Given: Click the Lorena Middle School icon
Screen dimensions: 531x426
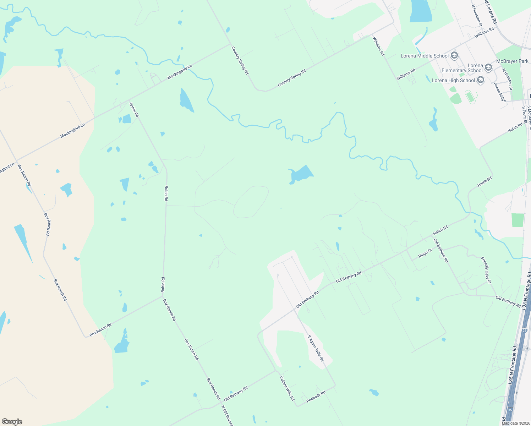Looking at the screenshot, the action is pos(454,56).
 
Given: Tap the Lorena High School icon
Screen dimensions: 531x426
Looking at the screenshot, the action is pos(481,80).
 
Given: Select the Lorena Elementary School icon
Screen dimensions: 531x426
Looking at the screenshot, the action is pos(488,67).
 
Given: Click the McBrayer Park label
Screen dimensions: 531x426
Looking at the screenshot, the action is pos(512,61).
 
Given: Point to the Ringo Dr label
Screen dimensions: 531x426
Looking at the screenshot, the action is pos(425,253).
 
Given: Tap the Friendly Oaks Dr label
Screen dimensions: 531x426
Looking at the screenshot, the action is pos(486,270).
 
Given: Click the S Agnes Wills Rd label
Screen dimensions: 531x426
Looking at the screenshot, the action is pos(316,348).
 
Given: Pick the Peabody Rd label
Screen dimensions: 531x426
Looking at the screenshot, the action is pos(316,396).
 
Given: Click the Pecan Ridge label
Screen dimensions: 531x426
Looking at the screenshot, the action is pos(500,92).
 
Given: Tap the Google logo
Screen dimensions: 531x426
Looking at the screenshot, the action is pos(12,422).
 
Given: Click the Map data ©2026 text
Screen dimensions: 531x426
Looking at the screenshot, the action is pos(516,423).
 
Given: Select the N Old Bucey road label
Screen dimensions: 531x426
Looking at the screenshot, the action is pos(227,415).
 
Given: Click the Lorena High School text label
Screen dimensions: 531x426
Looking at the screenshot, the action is pos(453,80).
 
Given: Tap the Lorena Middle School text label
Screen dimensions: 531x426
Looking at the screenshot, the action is pos(425,56).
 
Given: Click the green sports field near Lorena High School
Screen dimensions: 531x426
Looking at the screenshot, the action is pos(470,96).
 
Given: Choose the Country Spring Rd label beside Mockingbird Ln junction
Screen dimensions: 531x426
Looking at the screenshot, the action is pos(240,60).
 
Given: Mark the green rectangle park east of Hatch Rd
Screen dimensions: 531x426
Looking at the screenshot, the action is pos(518,220).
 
